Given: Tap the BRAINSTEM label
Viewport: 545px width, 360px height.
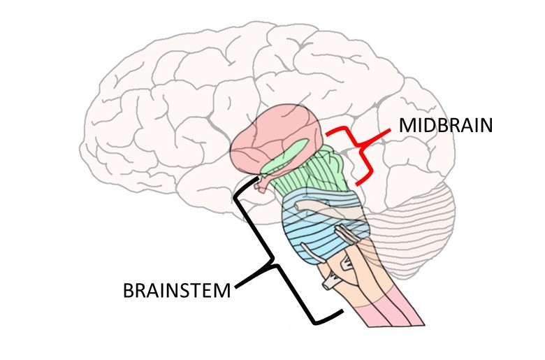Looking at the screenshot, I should pyautogui.click(x=176, y=289).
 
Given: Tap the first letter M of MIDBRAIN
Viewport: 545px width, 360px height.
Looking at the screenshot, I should pyautogui.click(x=407, y=127).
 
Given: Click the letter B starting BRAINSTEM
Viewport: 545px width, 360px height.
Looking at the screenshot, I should pyautogui.click(x=128, y=289).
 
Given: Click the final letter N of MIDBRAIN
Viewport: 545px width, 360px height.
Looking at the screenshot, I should pyautogui.click(x=486, y=127).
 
